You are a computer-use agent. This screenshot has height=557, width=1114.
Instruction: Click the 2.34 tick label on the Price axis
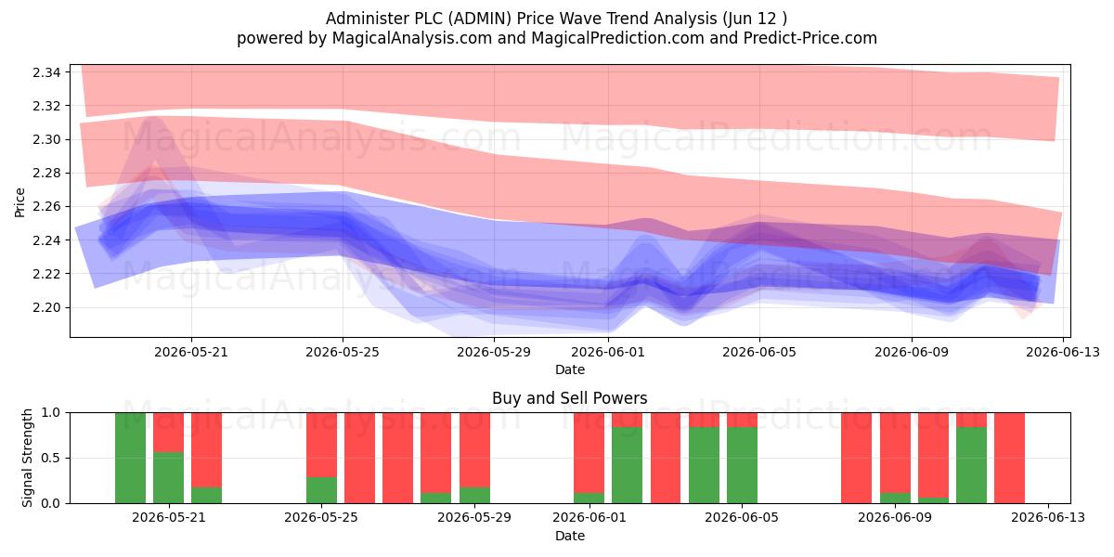tap(46, 72)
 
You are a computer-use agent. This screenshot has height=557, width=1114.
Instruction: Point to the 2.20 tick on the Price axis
tap(46, 308)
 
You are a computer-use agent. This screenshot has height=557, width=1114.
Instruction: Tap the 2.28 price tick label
tap(46, 174)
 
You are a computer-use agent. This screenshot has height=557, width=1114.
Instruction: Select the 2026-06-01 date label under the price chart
tap(608, 352)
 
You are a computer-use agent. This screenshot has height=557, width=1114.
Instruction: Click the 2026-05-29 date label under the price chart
tap(494, 352)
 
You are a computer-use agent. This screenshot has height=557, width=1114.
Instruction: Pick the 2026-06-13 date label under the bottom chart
tap(1048, 517)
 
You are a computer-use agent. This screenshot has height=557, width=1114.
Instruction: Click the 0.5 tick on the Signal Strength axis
tap(50, 458)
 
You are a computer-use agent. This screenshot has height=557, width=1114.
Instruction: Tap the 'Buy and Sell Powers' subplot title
tap(570, 398)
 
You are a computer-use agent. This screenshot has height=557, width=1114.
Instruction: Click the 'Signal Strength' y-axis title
tap(27, 458)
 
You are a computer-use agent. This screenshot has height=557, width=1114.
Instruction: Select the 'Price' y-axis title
tap(19, 203)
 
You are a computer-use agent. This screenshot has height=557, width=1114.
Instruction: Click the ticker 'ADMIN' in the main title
tap(480, 19)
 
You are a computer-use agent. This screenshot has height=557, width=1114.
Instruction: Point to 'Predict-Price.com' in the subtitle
tap(810, 38)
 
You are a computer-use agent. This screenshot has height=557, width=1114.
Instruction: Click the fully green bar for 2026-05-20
tap(130, 458)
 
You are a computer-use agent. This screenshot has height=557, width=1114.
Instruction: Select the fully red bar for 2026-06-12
tap(1010, 458)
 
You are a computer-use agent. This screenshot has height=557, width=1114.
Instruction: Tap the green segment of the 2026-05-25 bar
tap(321, 490)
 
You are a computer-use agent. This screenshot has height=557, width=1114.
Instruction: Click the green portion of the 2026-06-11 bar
tap(971, 465)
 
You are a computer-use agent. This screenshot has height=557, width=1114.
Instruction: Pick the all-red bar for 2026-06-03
tap(666, 458)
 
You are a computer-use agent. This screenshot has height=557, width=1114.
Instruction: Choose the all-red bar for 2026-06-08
tap(856, 458)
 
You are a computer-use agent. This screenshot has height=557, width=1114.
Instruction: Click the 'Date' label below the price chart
tap(570, 369)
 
